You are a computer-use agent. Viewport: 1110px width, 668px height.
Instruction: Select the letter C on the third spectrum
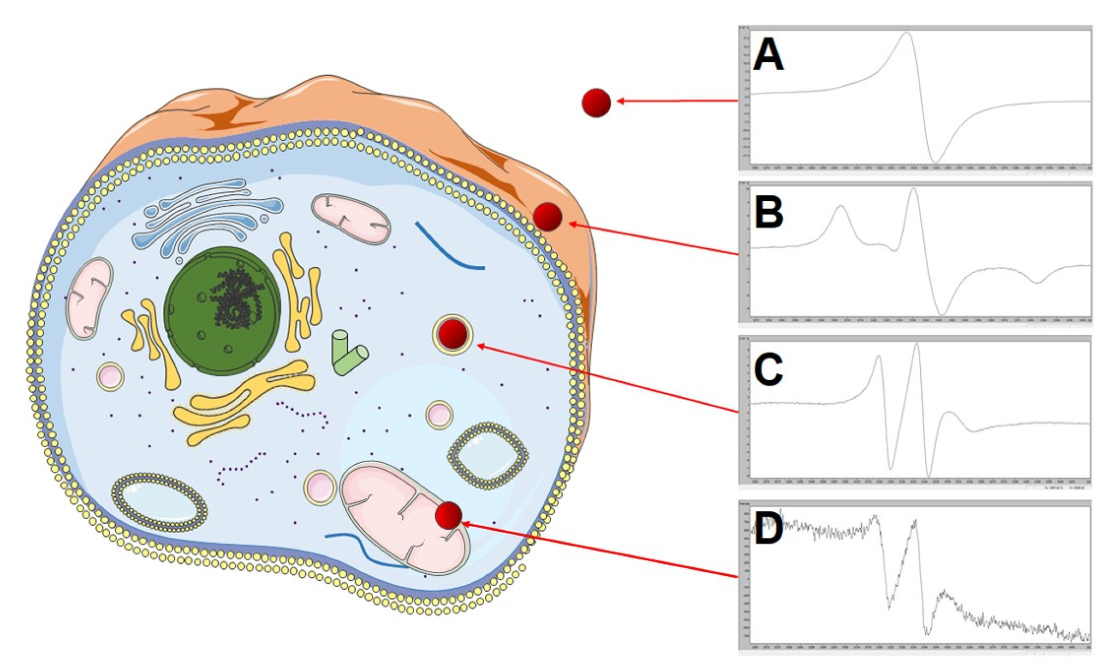768,369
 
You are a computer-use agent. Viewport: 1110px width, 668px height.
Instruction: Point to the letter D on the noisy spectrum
768,528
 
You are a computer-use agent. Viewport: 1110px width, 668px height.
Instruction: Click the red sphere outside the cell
596,102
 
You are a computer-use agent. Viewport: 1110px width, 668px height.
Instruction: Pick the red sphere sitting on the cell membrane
547,217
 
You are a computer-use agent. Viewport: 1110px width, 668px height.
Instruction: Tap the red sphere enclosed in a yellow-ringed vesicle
453,334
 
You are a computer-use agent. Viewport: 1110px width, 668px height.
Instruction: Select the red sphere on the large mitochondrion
449,515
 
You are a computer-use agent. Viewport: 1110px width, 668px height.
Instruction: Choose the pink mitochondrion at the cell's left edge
89,298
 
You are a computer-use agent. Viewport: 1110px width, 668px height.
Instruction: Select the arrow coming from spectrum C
606,378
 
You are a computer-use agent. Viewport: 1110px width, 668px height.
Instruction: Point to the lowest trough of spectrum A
935,161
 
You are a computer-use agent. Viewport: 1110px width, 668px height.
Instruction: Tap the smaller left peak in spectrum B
841,206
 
